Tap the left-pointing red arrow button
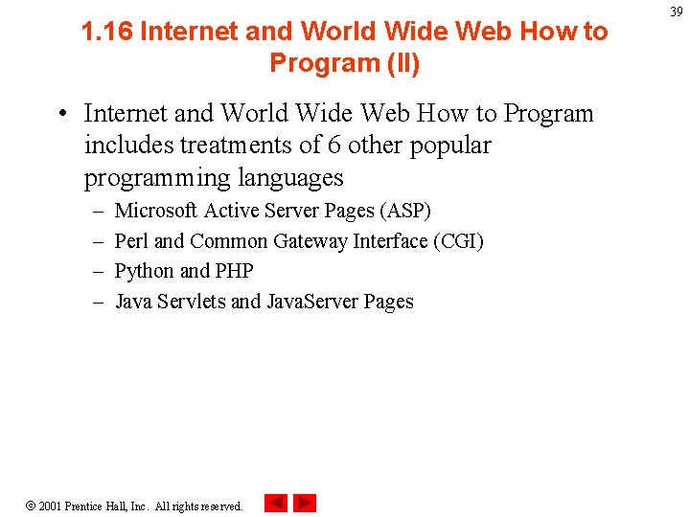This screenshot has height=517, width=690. (275, 503)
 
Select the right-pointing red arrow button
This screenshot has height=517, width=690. (305, 503)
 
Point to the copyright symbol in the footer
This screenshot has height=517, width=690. (29, 505)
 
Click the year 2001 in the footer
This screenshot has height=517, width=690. (50, 506)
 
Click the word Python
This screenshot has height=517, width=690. (144, 272)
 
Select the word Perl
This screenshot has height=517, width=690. (131, 241)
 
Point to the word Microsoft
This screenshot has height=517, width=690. (156, 211)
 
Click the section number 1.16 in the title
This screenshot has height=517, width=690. (106, 32)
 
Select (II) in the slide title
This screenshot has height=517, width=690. (402, 63)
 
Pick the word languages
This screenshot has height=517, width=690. (288, 178)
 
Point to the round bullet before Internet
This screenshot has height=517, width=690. (60, 114)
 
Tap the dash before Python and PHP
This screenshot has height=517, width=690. (98, 272)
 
